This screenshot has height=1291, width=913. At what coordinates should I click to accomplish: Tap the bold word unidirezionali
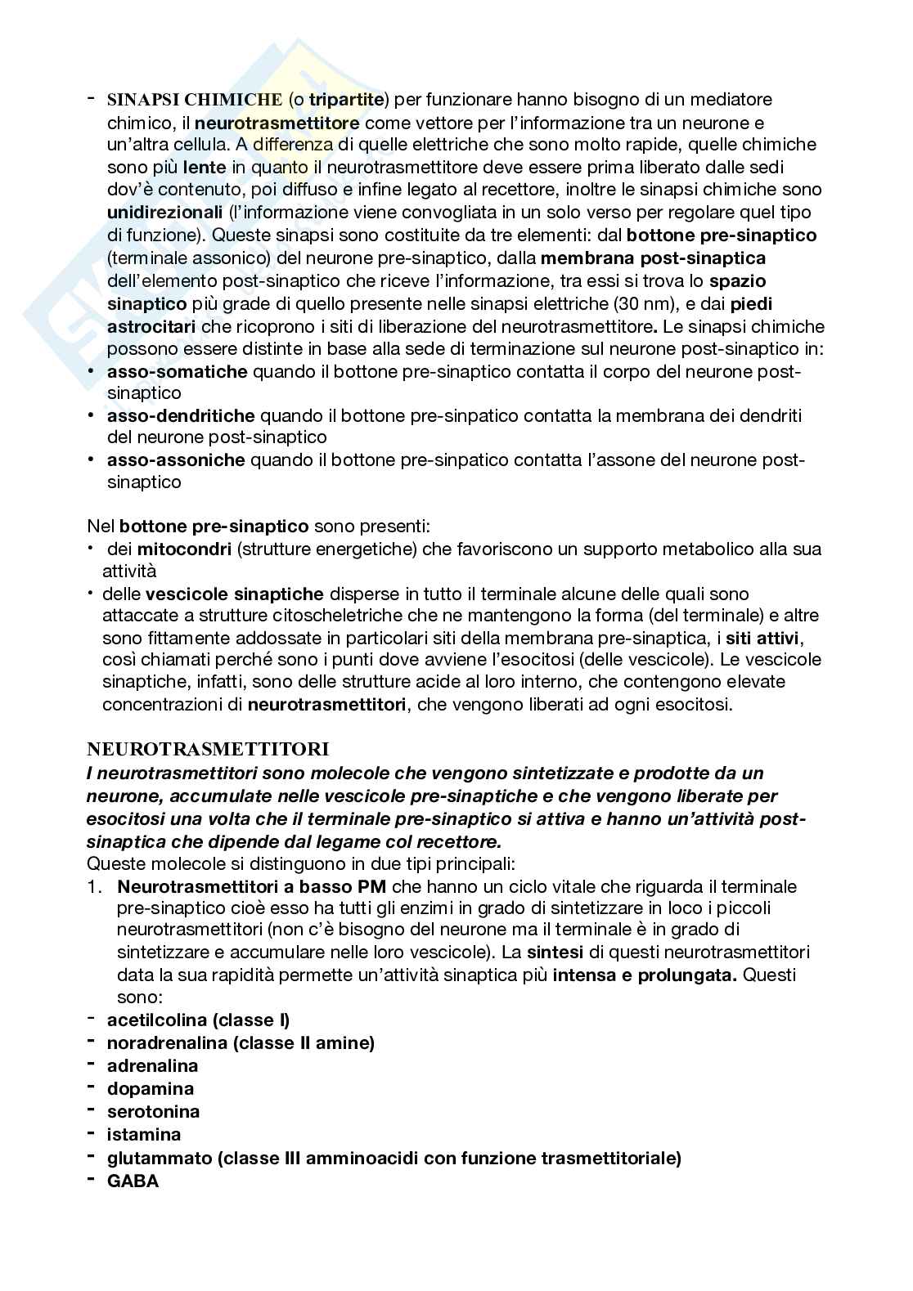[164, 213]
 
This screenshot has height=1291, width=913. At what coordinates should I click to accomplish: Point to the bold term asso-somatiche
[177, 372]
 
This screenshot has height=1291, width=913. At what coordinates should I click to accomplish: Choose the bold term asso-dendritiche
[181, 415]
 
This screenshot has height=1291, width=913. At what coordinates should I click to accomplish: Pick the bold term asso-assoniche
[176, 459]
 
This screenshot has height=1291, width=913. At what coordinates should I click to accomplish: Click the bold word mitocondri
[184, 549]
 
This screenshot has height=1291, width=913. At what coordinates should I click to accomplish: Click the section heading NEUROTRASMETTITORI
[208, 749]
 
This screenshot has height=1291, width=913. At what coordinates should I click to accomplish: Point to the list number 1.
[95, 886]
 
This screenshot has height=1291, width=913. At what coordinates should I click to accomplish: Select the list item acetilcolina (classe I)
[199, 1020]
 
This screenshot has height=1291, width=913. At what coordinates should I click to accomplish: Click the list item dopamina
[151, 1089]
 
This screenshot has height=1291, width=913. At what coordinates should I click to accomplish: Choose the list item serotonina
[153, 1112]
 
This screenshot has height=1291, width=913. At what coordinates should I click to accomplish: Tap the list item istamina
[144, 1135]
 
